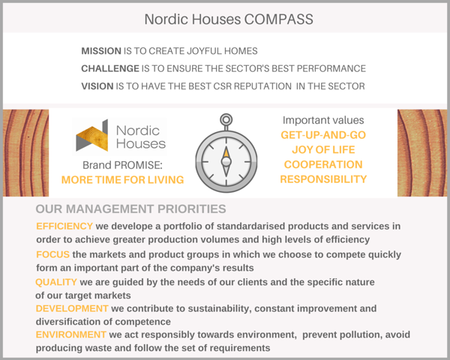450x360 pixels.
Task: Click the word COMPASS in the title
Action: click(278, 19)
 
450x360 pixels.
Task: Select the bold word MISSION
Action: click(101, 51)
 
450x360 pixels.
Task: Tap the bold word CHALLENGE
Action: click(110, 68)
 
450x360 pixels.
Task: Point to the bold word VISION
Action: click(97, 86)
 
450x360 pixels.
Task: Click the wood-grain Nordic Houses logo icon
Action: click(92, 136)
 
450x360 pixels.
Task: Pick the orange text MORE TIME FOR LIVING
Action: click(122, 180)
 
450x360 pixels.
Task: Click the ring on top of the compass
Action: click(226, 119)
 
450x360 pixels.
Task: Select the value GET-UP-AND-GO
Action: click(323, 135)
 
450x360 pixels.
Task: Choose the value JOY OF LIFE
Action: click(323, 149)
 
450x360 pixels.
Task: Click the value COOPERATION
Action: click(323, 164)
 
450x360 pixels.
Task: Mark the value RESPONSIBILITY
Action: click(323, 179)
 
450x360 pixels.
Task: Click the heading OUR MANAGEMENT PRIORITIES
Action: click(130, 208)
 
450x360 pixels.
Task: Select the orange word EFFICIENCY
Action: click(64, 226)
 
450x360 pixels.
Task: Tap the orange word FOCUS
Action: click(52, 254)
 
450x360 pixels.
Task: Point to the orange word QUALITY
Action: click(56, 282)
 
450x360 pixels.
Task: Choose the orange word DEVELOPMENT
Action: click(72, 308)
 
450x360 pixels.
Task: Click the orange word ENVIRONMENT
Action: click(71, 334)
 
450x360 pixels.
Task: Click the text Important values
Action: click(323, 120)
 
